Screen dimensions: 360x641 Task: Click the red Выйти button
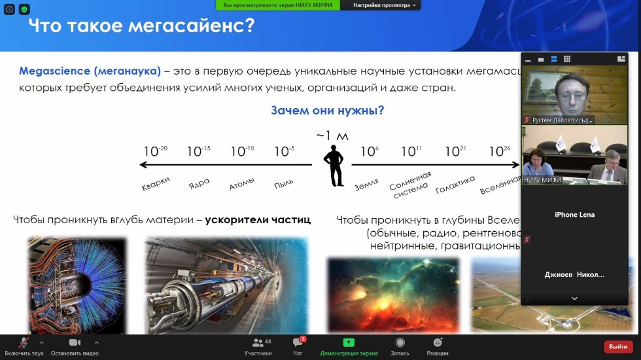click(617, 346)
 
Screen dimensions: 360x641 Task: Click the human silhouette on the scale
click(335, 166)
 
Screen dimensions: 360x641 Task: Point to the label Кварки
click(156, 184)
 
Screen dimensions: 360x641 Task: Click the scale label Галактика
click(455, 185)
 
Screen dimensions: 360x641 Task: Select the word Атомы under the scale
click(241, 185)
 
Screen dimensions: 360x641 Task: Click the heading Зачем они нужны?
click(327, 111)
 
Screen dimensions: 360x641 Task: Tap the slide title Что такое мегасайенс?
click(141, 27)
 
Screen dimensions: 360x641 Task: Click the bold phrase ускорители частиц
click(258, 220)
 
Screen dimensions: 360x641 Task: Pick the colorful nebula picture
click(392, 295)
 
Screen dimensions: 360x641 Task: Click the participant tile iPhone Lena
click(574, 215)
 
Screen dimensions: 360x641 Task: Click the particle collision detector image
click(77, 285)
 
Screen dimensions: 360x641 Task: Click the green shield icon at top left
click(24, 10)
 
